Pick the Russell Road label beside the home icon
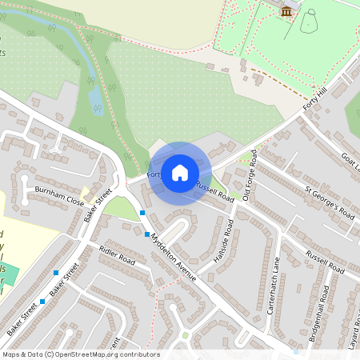point(214,191)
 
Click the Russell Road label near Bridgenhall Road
point(325,262)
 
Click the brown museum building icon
point(286,10)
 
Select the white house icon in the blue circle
point(180,172)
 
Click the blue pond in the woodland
point(94,98)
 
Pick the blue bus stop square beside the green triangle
point(142,212)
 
